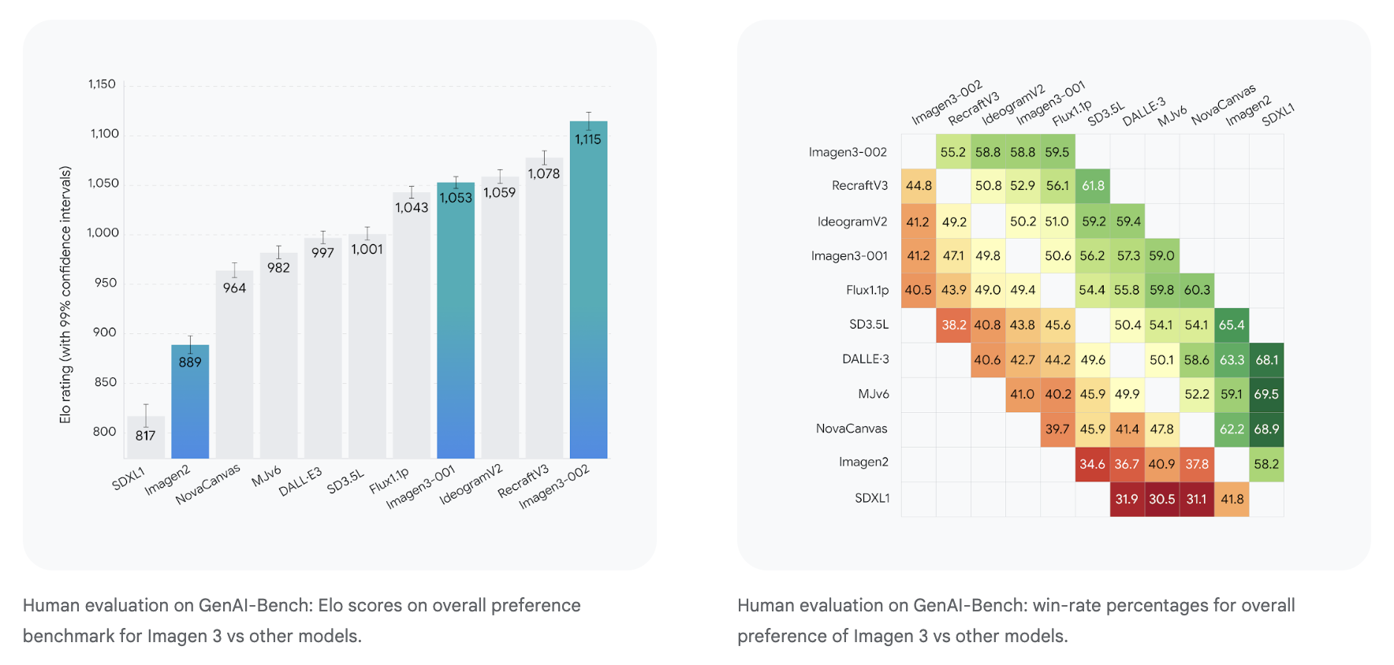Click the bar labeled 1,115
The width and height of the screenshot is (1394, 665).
(588, 292)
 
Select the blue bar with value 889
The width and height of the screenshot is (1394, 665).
(190, 402)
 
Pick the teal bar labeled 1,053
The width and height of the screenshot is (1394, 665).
(456, 323)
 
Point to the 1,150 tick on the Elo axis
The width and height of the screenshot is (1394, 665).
(102, 84)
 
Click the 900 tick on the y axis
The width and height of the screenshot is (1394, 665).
(104, 332)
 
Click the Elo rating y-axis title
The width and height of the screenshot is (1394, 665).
(65, 295)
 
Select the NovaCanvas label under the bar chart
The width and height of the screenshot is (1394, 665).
(208, 483)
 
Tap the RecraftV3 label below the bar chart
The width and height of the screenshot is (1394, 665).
(523, 481)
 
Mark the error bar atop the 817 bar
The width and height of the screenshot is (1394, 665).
(146, 414)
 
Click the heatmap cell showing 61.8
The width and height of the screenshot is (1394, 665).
(1093, 186)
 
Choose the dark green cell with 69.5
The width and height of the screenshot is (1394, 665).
(1266, 394)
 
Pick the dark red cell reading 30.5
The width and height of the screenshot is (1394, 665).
(1161, 499)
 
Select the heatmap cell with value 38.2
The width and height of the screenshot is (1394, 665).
(953, 325)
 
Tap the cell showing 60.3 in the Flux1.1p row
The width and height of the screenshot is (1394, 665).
(1196, 290)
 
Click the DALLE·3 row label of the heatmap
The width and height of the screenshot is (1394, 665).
(865, 359)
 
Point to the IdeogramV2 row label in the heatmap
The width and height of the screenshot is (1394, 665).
(852, 221)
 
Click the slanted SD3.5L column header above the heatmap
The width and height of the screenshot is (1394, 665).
(1105, 114)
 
